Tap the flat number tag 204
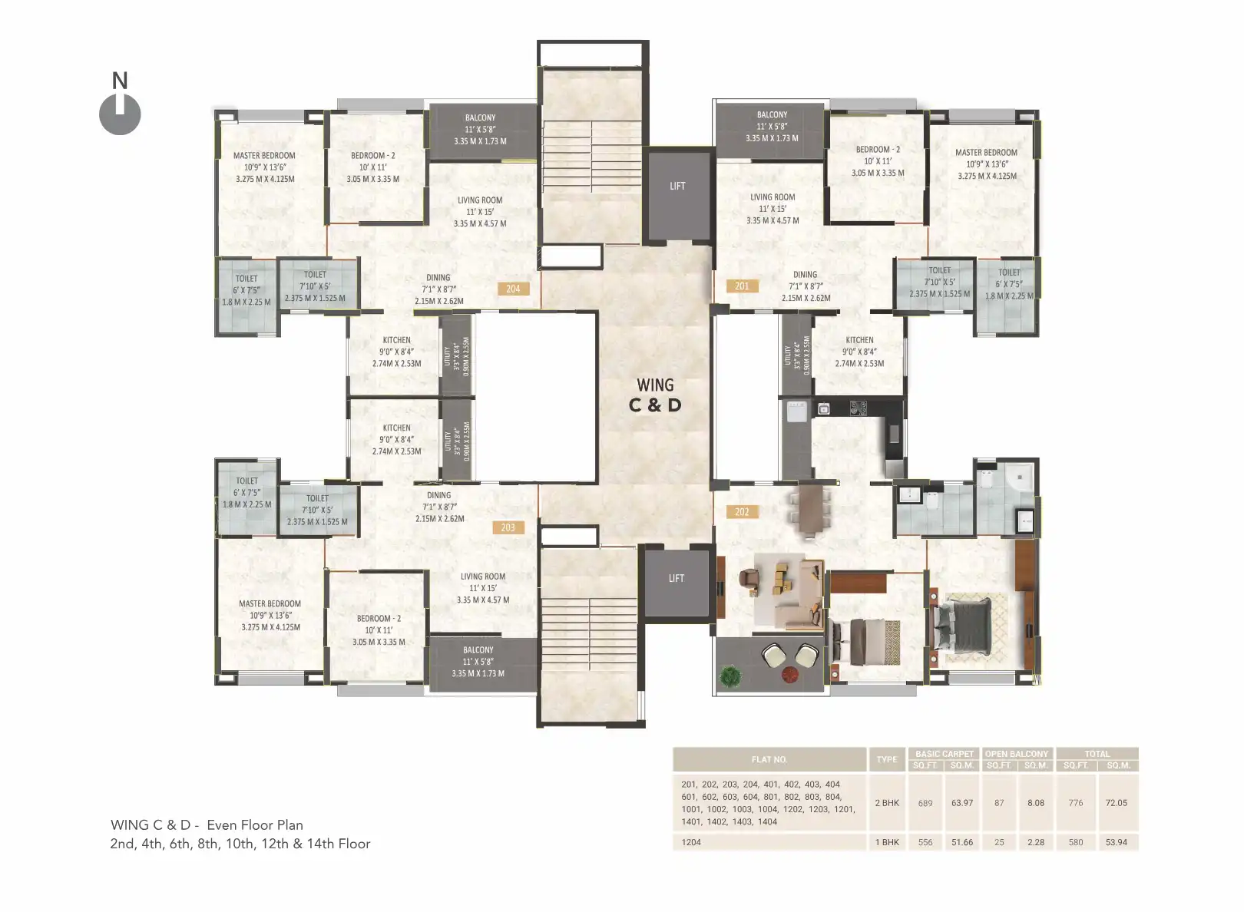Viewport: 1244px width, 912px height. (513, 289)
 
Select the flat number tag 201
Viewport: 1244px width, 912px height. (742, 286)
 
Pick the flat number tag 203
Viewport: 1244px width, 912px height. (508, 527)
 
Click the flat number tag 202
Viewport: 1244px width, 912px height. (742, 511)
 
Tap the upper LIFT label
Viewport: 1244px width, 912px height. (677, 187)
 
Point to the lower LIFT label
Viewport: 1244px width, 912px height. (676, 578)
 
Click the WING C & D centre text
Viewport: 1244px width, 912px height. (655, 395)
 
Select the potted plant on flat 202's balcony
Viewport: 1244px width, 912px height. (731, 676)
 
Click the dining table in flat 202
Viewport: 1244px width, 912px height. (810, 507)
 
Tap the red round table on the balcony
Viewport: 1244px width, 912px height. (790, 675)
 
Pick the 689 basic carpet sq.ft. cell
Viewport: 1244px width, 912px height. (925, 803)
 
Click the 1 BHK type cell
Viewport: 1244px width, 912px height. (887, 842)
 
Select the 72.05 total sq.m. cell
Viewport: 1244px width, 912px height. (1116, 803)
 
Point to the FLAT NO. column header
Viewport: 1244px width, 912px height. (769, 759)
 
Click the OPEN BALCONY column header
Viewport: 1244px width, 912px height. (1017, 754)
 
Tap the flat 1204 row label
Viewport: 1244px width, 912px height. (691, 842)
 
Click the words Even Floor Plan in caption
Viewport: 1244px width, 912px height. (255, 825)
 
